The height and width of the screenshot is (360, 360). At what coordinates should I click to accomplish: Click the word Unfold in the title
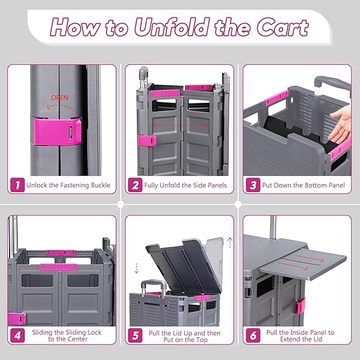(x=172, y=28)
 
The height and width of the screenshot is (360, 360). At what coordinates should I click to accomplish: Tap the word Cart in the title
(x=283, y=28)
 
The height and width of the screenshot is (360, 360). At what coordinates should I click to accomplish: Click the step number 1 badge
(x=17, y=185)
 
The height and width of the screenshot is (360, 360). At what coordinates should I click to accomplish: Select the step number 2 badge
(x=135, y=185)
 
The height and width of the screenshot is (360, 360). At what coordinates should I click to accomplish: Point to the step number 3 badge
(x=253, y=185)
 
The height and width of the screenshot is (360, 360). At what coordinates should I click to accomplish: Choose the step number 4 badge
(x=17, y=335)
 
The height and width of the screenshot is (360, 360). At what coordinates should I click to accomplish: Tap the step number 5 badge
(x=135, y=335)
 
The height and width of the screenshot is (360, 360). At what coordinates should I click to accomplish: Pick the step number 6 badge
(x=253, y=335)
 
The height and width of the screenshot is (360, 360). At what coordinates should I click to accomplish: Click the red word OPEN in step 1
(x=59, y=98)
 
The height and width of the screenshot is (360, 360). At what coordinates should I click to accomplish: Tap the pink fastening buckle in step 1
(x=58, y=131)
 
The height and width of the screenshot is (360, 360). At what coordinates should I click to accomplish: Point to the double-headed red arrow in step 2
(x=180, y=125)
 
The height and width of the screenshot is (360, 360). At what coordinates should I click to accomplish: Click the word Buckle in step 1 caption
(x=100, y=185)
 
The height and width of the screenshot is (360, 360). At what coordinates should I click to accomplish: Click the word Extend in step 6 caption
(x=290, y=339)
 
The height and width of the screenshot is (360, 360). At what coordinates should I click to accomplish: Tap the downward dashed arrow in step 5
(x=136, y=268)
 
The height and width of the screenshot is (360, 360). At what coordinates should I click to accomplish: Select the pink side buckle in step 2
(x=147, y=140)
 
